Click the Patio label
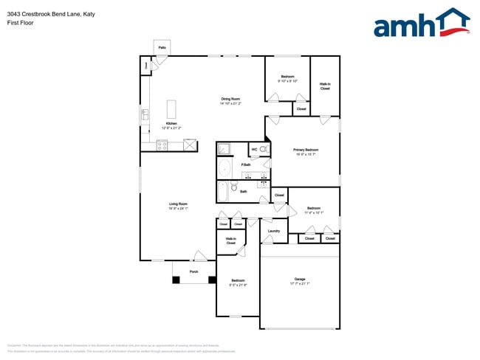click(x=162, y=48)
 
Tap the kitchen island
click(x=172, y=109)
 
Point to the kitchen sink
click(x=145, y=114)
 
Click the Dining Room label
click(x=230, y=99)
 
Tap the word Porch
click(x=194, y=271)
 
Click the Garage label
click(x=300, y=279)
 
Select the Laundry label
click(x=273, y=231)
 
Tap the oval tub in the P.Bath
click(x=224, y=169)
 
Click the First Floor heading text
click(x=20, y=23)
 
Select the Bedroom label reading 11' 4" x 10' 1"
click(x=314, y=209)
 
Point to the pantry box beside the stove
click(x=190, y=145)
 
